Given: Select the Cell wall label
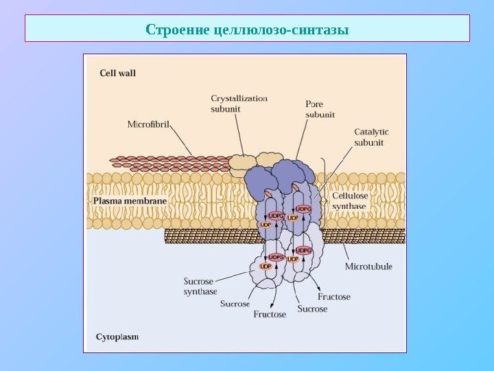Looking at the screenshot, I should coord(117,72).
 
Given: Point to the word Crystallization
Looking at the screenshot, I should coord(239,98).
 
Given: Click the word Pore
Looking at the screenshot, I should coord(314,104).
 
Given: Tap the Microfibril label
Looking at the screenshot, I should coord(148,124).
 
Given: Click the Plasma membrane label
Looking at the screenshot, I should coord(130,201).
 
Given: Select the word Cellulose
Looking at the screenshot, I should coord(350,196).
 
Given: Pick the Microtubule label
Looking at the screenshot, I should coord(368,266).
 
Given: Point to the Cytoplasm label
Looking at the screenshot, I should coord(117,337).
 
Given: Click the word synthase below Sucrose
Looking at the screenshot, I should coord(200,291).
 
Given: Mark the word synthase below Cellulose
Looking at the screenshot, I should coord(349,205).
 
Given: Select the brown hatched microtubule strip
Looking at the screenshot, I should coord(206,236).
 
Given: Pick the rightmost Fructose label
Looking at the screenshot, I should coord(333,297).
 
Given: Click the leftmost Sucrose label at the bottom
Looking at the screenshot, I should coord(235,304).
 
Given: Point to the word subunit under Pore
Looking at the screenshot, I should coord(320,115).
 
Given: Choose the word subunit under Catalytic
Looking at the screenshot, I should coord(368,142).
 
